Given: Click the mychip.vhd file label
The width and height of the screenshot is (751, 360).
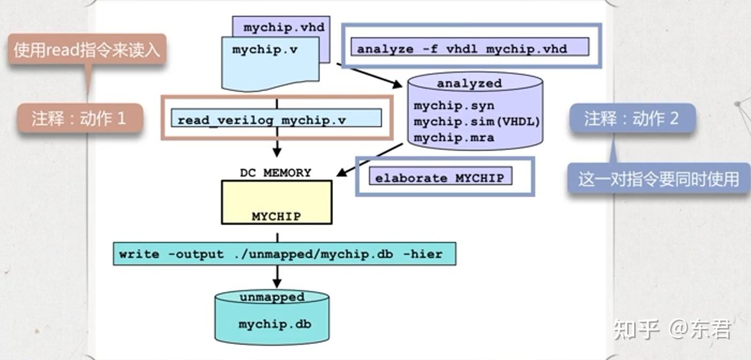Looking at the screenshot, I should [284, 27].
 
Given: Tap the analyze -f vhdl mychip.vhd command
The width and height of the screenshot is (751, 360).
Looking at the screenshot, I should [462, 49].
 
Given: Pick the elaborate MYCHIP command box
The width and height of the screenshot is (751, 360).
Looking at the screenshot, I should [440, 177].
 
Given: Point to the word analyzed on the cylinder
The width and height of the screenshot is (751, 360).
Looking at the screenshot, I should [469, 84].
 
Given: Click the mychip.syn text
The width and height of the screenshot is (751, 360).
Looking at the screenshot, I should [454, 106].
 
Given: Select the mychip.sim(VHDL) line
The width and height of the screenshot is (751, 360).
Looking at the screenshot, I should [477, 122].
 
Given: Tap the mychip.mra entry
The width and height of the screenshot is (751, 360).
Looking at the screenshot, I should [454, 138].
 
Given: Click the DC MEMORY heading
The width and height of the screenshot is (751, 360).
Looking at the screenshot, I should [276, 172].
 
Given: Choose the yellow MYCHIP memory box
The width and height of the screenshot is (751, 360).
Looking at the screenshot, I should [277, 202].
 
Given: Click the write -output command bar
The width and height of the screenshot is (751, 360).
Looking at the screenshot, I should [284, 254].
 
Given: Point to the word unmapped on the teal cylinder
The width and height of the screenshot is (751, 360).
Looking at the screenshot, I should [272, 297].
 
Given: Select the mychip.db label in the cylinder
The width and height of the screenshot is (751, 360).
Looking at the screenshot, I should [274, 325].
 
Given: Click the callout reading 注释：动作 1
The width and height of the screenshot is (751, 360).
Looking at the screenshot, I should [79, 118].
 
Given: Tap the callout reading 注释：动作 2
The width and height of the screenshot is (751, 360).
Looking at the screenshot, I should [631, 118].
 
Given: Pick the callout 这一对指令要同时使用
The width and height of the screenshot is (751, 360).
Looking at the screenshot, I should [658, 179].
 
